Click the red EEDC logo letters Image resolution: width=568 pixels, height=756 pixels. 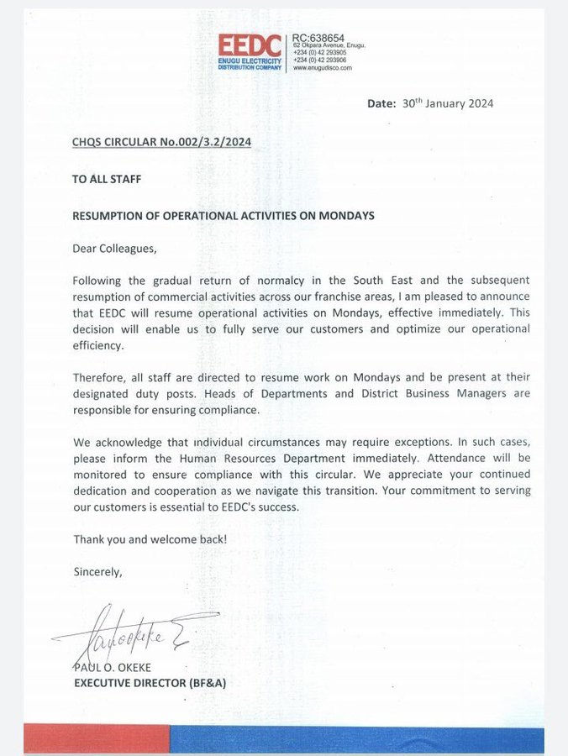[x=250, y=45]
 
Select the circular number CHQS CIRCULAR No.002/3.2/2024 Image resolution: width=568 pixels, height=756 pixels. [x=161, y=142]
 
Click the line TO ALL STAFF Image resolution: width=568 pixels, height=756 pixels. [x=105, y=179]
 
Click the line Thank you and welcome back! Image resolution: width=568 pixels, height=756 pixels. [x=150, y=538]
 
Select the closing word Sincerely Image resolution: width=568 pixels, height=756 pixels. [x=97, y=571]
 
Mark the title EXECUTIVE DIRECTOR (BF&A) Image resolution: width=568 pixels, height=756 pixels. [x=150, y=683]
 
